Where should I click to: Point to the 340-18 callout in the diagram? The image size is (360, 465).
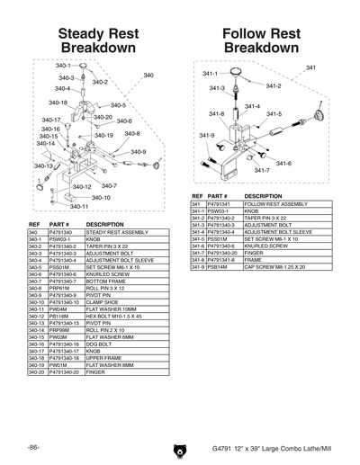(58, 103)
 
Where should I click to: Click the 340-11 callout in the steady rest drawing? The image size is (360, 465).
(78, 207)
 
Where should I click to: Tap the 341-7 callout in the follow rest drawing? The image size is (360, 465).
(262, 170)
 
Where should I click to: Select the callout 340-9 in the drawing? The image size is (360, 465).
(138, 152)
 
